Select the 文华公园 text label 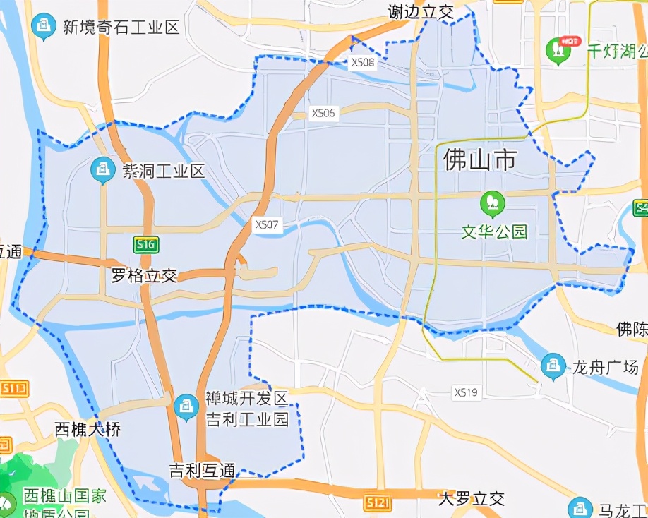495,231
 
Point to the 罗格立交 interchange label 144,275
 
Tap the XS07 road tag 268,224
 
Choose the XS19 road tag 467,392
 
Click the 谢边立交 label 420,12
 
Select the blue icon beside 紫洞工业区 104,169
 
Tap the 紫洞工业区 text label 164,171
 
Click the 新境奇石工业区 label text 121,28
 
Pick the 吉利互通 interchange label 202,471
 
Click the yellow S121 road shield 378,502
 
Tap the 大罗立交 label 471,499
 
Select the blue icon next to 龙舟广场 553,366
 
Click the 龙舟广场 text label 605,367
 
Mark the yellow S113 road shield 13,387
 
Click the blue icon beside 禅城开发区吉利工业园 186,406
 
